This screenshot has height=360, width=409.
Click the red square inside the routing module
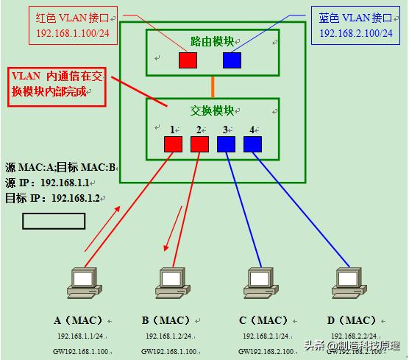click(188, 60)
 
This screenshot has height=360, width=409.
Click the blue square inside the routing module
click(232, 60)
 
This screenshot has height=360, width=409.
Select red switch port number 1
click(173, 144)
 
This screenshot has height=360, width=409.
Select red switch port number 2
click(199, 144)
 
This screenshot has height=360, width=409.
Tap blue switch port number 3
click(226, 144)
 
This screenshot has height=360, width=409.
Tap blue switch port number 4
click(252, 144)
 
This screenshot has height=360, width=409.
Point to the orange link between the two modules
click(213, 85)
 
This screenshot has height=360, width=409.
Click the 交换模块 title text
click(212, 110)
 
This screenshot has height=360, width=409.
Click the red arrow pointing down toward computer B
click(172, 230)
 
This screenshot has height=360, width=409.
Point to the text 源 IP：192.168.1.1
click(46, 182)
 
